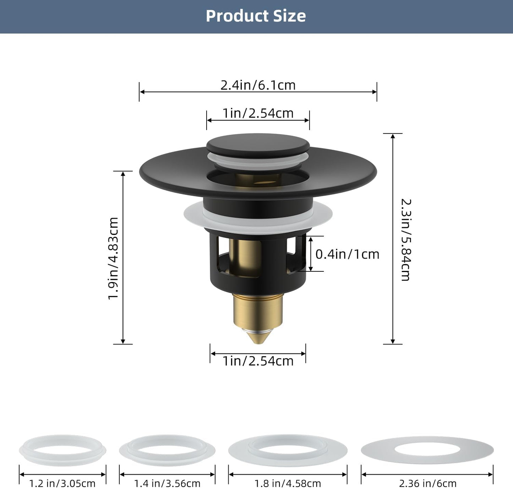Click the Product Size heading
click(x=256, y=16)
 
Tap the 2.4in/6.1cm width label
click(x=258, y=85)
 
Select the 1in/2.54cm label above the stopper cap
click(x=258, y=113)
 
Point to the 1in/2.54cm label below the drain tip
click(x=258, y=361)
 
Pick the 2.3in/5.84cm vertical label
click(x=405, y=240)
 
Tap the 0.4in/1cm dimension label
click(x=347, y=254)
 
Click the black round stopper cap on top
click(x=258, y=143)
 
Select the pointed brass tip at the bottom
click(x=258, y=336)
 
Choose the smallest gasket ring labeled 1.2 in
click(x=62, y=450)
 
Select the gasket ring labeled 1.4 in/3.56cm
click(x=167, y=450)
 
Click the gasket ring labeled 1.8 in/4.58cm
click(x=288, y=450)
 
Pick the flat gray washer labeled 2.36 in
click(x=427, y=450)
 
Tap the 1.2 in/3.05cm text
click(x=62, y=483)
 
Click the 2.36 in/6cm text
click(x=427, y=483)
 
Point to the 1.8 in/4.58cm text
click(x=288, y=483)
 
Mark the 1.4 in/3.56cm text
click(x=167, y=483)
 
